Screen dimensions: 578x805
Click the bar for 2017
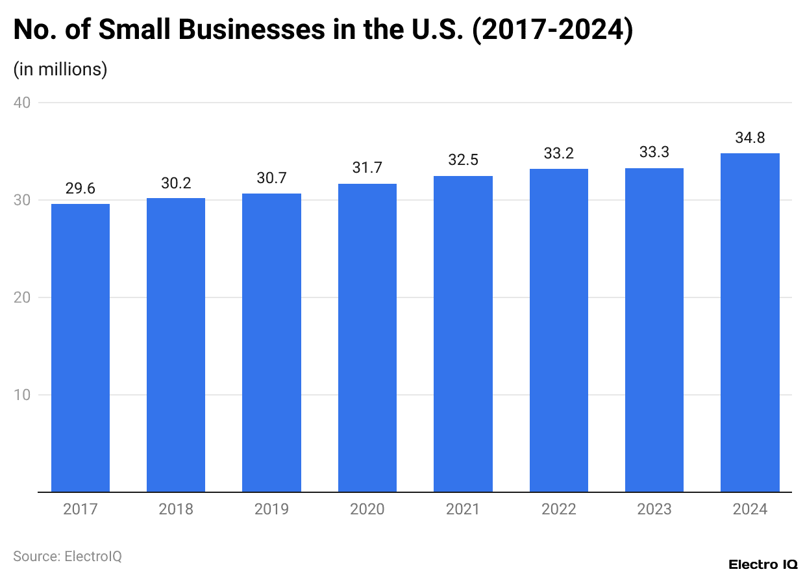(80, 347)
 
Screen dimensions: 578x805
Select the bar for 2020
(367, 338)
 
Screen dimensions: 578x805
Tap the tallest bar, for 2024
(750, 323)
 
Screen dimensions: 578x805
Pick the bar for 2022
(559, 331)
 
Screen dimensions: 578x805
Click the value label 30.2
(176, 183)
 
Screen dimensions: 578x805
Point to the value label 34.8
(750, 138)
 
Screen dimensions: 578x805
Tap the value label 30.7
(271, 179)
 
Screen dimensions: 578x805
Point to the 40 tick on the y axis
(25, 103)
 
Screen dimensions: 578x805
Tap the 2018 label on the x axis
(176, 509)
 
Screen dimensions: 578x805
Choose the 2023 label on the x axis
(654, 509)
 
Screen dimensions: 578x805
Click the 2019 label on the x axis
(271, 509)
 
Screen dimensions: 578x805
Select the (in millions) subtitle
(60, 69)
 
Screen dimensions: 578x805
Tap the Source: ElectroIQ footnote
(68, 557)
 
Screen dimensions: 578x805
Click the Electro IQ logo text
(763, 564)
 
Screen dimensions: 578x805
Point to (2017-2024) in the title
(552, 31)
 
